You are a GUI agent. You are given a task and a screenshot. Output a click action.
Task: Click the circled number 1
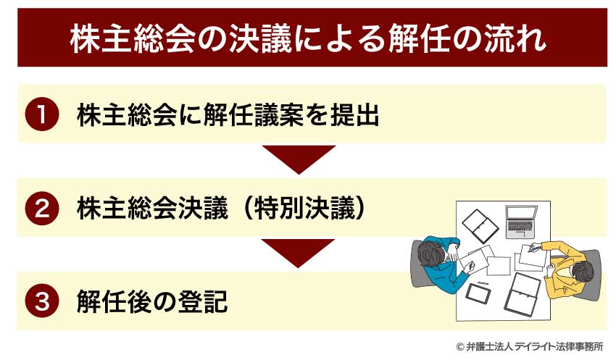click(x=42, y=114)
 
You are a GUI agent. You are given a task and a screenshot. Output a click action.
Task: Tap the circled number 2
click(x=42, y=209)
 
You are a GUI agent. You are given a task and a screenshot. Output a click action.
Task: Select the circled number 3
click(x=42, y=301)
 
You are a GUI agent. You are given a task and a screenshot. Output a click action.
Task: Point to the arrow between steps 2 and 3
click(x=298, y=252)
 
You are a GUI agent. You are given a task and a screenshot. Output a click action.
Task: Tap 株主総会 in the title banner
click(x=131, y=40)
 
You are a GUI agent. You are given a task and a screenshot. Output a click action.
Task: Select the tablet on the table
click(x=478, y=293)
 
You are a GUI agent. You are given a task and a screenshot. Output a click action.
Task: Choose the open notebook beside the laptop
click(x=480, y=226)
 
